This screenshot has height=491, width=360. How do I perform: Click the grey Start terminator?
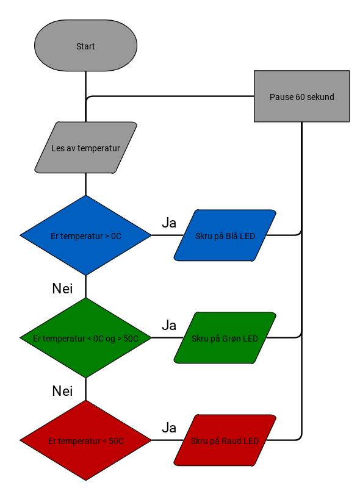pyautogui.click(x=85, y=46)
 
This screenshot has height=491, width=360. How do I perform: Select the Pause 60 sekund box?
pyautogui.click(x=301, y=96)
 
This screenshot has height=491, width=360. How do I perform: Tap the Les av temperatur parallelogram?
pyautogui.click(x=85, y=148)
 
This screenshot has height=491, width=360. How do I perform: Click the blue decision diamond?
pyautogui.click(x=85, y=235)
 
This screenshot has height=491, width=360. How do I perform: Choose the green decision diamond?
pyautogui.click(x=85, y=338)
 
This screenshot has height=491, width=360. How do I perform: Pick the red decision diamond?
pyautogui.click(x=85, y=440)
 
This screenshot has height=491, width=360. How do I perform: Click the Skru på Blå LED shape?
pyautogui.click(x=225, y=235)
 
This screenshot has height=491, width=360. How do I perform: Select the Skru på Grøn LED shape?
pyautogui.click(x=225, y=338)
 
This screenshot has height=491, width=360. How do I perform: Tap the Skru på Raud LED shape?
pyautogui.click(x=225, y=440)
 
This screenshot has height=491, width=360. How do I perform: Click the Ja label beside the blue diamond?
pyautogui.click(x=169, y=223)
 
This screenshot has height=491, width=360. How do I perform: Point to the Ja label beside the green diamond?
pyautogui.click(x=169, y=325)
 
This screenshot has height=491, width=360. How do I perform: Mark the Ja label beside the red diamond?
pyautogui.click(x=169, y=428)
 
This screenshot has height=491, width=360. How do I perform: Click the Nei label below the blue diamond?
pyautogui.click(x=62, y=289)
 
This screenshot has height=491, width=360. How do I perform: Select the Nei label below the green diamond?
pyautogui.click(x=62, y=391)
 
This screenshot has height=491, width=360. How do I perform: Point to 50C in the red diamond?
pyautogui.click(x=117, y=441)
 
